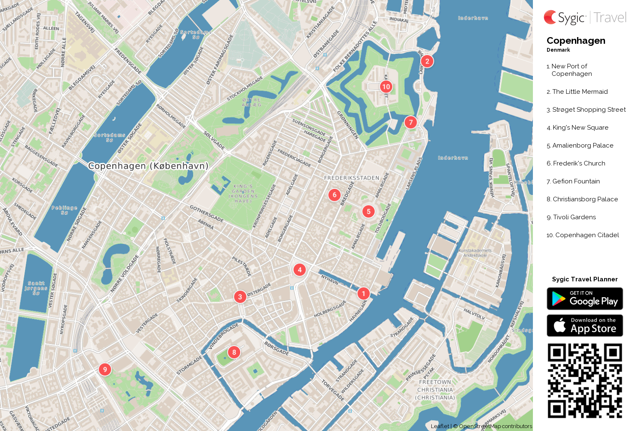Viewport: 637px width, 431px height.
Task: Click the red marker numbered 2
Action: click(427, 61)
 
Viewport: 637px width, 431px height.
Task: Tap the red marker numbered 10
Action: click(386, 87)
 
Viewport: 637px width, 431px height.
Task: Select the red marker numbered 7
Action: click(411, 123)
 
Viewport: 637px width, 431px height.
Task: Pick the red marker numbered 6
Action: click(334, 195)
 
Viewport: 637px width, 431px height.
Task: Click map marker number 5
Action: click(368, 212)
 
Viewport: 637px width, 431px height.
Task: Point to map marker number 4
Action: click(299, 270)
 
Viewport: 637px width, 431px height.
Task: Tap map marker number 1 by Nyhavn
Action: click(363, 293)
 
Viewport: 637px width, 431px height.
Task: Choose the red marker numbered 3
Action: click(240, 297)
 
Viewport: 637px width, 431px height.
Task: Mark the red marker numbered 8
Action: click(234, 352)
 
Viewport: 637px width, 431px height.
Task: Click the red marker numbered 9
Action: click(105, 369)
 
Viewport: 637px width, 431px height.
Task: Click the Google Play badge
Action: click(585, 298)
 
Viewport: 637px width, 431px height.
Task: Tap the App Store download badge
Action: click(585, 326)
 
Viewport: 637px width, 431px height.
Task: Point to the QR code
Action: click(585, 381)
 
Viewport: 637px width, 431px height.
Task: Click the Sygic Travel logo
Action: click(585, 18)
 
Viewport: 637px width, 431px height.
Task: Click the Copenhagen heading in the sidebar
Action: click(576, 41)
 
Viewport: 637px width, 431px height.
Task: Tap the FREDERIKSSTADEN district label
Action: click(352, 178)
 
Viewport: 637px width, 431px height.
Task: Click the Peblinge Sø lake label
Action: click(65, 210)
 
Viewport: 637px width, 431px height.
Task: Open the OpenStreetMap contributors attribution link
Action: click(495, 426)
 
